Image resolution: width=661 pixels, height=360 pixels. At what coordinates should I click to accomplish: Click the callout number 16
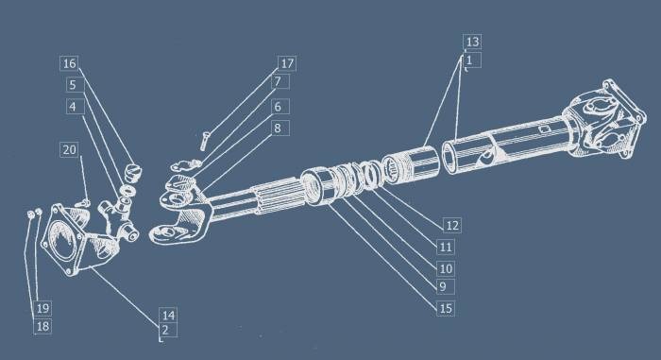[x=69, y=63]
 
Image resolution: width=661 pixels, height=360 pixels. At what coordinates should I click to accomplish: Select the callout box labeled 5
[x=73, y=85]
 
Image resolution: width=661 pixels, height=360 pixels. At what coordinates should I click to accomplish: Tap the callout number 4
[x=73, y=106]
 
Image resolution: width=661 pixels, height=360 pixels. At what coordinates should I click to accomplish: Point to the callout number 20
[x=69, y=149]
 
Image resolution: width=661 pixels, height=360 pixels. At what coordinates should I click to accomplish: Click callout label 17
[x=287, y=63]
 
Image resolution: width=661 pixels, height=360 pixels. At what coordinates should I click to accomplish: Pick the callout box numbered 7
[x=278, y=81]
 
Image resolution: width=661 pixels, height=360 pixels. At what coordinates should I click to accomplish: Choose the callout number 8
[x=278, y=128]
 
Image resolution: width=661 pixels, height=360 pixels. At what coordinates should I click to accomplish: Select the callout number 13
[x=472, y=42]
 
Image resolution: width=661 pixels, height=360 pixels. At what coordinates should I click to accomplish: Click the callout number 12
[x=452, y=225]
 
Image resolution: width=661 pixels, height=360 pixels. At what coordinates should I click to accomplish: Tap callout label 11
[x=446, y=247]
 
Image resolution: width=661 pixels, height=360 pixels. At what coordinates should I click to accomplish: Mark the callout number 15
[x=446, y=309]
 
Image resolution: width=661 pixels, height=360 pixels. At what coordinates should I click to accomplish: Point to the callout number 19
[x=42, y=308]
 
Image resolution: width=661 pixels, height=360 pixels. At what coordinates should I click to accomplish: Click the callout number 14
[x=168, y=316]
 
